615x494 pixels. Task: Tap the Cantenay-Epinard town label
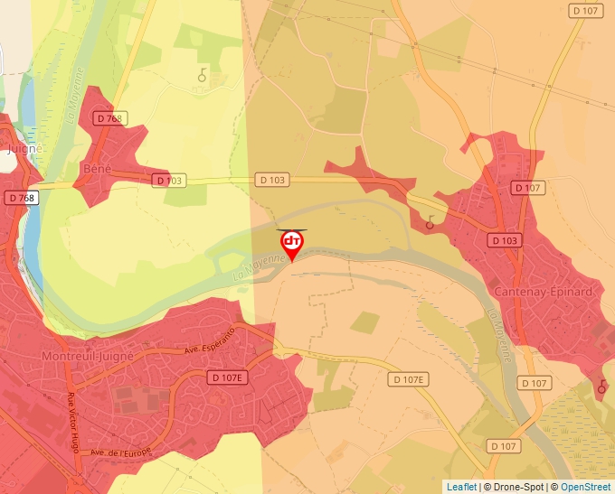[543, 292]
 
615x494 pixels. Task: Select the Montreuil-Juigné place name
[89, 356]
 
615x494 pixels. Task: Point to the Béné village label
[96, 168]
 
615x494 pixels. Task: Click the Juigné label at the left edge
[24, 150]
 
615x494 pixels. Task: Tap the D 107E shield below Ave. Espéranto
[226, 377]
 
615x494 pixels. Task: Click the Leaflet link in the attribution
[461, 487]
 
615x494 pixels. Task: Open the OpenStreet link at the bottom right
[585, 487]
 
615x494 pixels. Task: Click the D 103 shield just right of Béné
[169, 181]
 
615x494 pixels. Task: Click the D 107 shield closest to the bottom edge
[503, 446]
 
